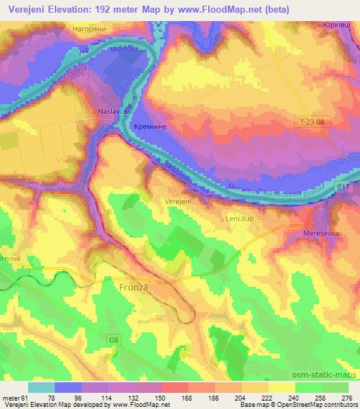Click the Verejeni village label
coord(178,200)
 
